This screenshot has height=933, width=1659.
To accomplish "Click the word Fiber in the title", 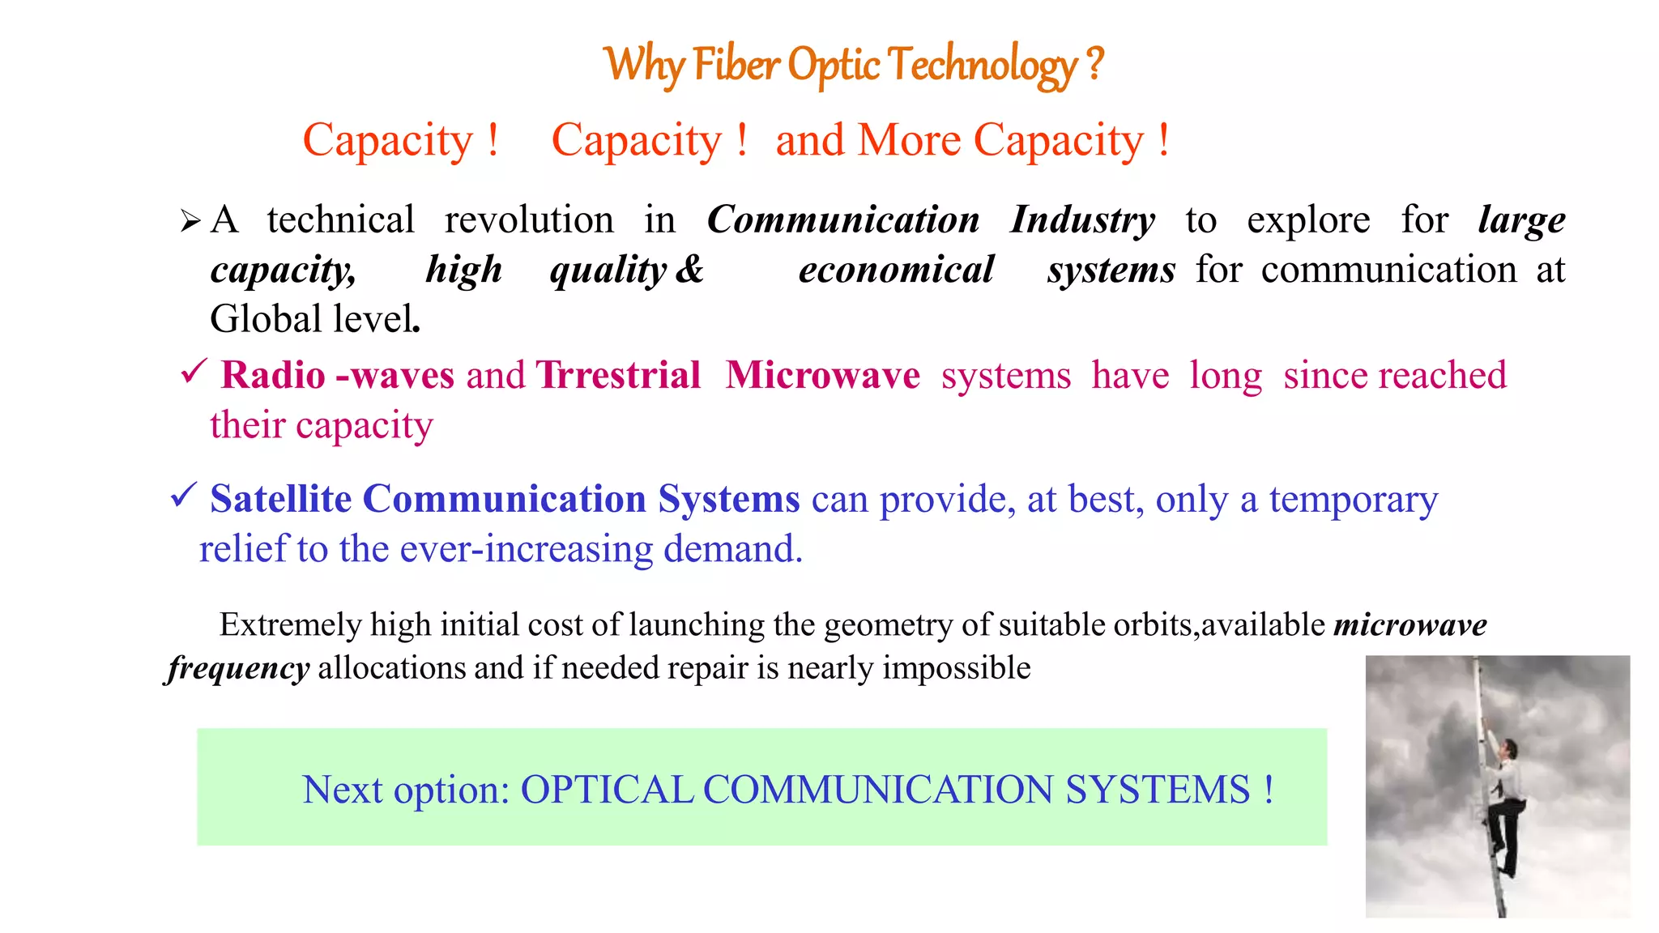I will [736, 65].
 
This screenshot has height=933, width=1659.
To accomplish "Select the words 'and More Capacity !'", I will [972, 141].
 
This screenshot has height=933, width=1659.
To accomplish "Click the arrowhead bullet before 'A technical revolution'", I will [190, 220].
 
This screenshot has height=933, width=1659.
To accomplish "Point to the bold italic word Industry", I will [1082, 220].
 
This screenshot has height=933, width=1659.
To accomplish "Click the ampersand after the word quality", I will [689, 270].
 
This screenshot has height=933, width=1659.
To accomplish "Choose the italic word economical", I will [896, 270].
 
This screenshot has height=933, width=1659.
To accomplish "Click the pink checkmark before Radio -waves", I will [194, 373].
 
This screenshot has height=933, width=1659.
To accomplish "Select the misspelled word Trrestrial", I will [618, 376].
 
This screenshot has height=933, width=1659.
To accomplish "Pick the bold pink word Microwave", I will [822, 376].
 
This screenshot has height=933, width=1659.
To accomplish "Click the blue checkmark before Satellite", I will [184, 495].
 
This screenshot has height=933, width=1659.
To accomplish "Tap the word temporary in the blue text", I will [1353, 501].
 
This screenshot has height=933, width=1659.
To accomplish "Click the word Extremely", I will [290, 625].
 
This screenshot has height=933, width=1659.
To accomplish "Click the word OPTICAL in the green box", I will [607, 790].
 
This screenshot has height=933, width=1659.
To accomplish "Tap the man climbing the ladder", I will [1503, 802].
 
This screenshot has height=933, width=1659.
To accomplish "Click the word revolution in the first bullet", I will [529, 220].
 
